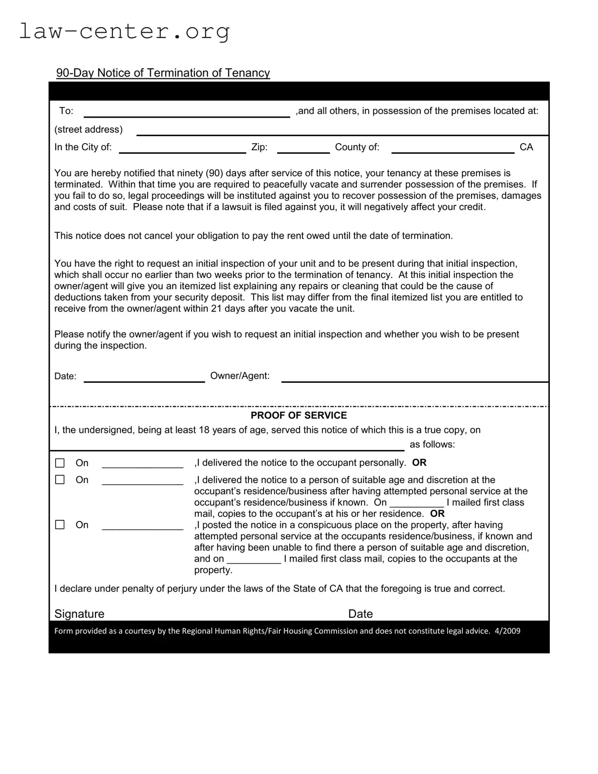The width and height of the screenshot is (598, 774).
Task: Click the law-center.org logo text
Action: [125, 32]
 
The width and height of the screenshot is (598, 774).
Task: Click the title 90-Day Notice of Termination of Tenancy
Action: [163, 73]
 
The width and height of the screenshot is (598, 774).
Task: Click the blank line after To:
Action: [186, 112]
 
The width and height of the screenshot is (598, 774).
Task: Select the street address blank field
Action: [342, 130]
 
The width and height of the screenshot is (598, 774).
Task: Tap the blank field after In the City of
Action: [182, 148]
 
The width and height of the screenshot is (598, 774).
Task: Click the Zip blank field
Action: [303, 148]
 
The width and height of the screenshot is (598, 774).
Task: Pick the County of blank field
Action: [452, 148]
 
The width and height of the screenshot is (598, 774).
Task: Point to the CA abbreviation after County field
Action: [526, 147]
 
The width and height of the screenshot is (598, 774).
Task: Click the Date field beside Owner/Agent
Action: [144, 377]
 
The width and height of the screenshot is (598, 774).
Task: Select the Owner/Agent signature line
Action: [414, 377]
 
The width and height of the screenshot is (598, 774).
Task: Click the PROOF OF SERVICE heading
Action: [299, 415]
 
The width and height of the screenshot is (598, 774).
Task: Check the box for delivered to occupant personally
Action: [60, 463]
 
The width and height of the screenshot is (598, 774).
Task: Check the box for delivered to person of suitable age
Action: [60, 480]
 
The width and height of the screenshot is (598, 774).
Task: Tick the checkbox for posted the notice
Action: [60, 525]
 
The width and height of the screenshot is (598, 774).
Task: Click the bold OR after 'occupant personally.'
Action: [419, 463]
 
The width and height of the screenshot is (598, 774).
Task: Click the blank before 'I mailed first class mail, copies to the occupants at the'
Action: [254, 559]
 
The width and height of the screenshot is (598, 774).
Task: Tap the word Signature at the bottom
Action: [79, 614]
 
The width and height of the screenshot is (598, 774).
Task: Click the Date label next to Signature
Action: [361, 614]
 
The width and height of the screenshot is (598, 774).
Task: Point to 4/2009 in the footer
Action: [507, 631]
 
